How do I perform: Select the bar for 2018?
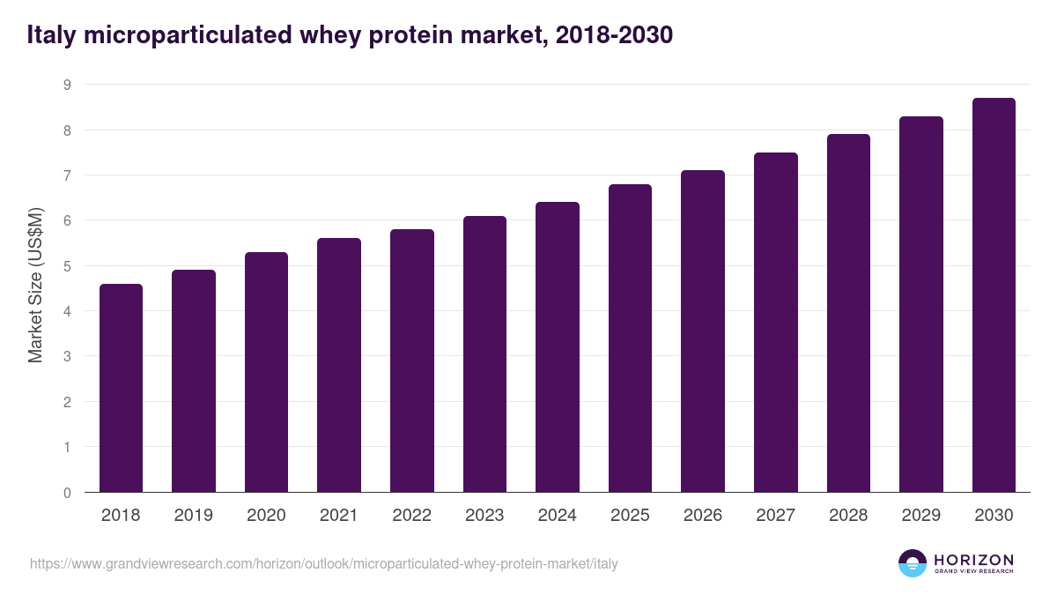121,388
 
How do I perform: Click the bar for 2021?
339,365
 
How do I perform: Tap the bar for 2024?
558,347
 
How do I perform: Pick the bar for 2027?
776,323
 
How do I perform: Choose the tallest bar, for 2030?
994,295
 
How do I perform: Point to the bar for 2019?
194,381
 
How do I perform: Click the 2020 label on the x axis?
266,516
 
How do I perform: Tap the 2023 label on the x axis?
484,516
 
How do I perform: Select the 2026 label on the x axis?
703,516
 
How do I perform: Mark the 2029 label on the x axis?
921,516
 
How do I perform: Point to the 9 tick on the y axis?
66,85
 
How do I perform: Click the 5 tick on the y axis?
66,266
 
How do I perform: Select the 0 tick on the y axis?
66,493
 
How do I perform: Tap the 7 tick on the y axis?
66,175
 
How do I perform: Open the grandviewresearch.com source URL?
323,563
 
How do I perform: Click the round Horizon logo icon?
913,563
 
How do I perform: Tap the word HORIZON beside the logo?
974,559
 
